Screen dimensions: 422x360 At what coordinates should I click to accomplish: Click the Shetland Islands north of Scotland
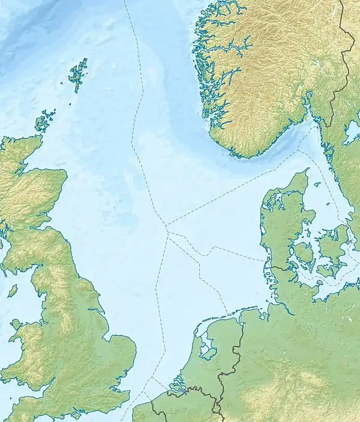point(77,75)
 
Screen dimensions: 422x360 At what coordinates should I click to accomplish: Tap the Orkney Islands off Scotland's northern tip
point(44,122)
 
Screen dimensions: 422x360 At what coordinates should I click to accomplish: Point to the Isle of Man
point(12,291)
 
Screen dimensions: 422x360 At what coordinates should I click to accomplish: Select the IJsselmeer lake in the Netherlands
point(207,347)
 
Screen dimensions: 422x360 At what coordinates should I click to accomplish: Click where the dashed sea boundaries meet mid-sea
point(166,226)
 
